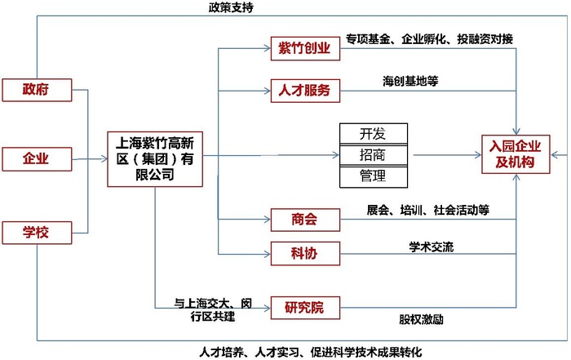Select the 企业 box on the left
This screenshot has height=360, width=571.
[x=36, y=158]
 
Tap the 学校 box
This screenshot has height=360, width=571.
[x=36, y=233]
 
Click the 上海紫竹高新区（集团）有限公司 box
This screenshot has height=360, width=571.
[x=155, y=158]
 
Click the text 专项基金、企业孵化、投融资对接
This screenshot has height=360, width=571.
[x=429, y=38]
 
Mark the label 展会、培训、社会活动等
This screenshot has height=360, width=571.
[x=427, y=210]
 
